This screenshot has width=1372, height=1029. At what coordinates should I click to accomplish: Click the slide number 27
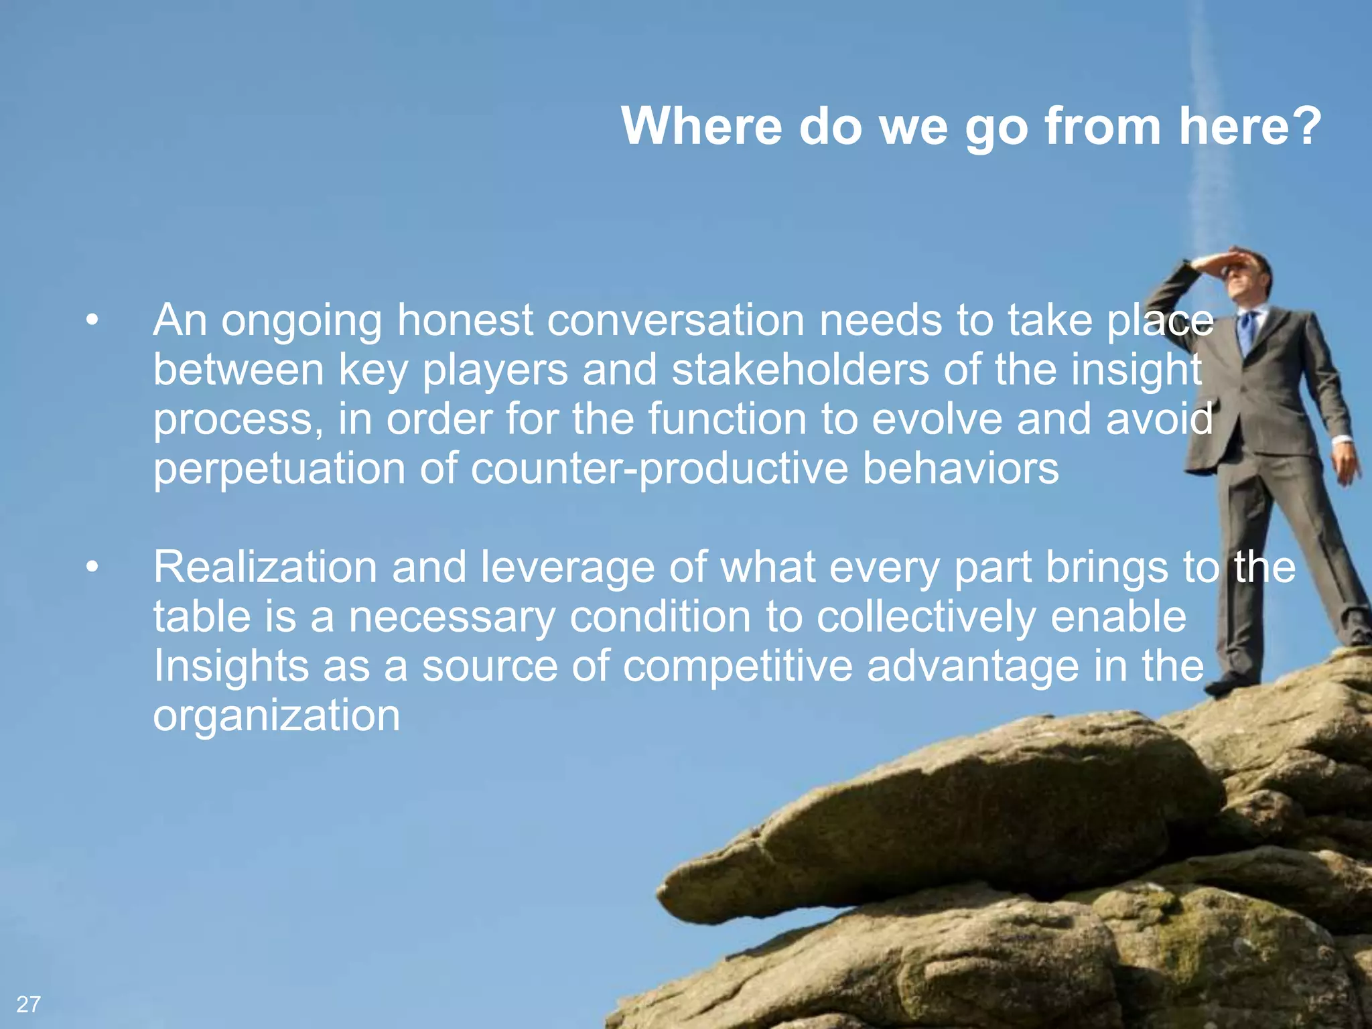29,1004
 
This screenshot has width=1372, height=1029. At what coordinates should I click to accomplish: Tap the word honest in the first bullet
465,320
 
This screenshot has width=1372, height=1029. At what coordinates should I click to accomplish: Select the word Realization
265,567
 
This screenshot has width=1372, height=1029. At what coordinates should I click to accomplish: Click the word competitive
738,667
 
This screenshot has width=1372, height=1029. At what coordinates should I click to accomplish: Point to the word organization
277,715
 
